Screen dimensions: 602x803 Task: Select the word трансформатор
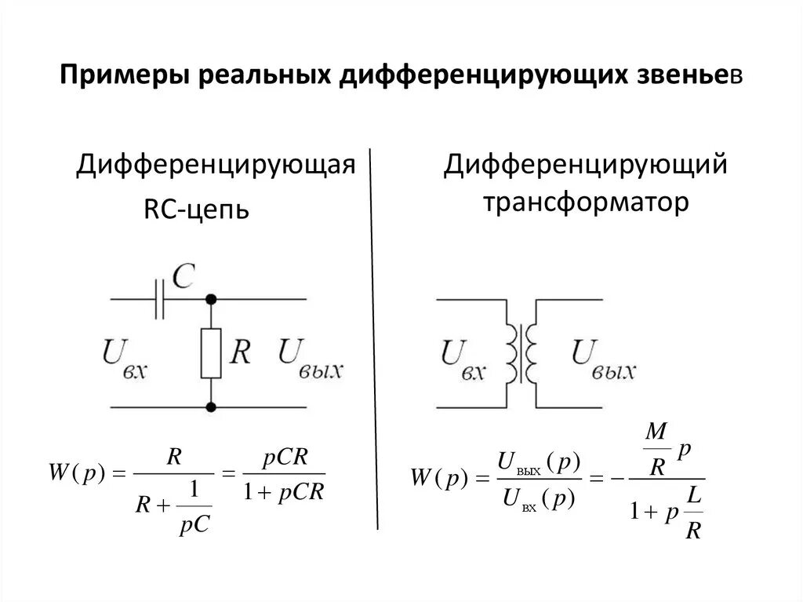click(586, 202)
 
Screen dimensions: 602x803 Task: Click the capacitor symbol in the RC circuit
click(160, 300)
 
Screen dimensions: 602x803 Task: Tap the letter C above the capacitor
click(183, 275)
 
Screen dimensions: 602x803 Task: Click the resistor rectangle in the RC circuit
click(210, 353)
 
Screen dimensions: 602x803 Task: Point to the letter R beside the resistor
click(240, 352)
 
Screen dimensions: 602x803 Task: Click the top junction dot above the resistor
click(210, 299)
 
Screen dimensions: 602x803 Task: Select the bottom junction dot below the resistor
click(210, 407)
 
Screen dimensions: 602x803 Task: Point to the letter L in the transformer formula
click(693, 498)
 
